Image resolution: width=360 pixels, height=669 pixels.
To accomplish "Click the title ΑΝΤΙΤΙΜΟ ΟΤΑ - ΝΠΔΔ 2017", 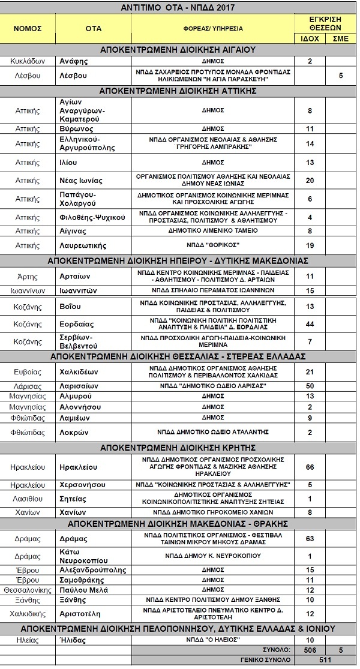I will tap(179, 7).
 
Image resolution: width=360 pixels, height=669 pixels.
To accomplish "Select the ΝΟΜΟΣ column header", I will tap(28, 28).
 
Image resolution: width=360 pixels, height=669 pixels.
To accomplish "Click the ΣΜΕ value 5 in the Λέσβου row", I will tap(340, 76).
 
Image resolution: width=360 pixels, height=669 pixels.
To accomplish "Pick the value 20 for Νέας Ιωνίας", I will tap(310, 181).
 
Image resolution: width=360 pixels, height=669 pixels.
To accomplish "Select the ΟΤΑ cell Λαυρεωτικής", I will tap(83, 245).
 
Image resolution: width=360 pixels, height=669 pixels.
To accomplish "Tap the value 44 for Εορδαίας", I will tap(310, 324).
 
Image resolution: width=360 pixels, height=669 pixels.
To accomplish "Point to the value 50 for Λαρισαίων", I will tap(310, 386).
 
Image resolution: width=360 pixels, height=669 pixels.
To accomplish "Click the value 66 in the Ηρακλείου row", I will tap(310, 466).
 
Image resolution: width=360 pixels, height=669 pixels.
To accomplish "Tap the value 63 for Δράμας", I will tap(310, 538).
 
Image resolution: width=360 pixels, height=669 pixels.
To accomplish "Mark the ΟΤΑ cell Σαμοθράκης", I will tap(85, 580).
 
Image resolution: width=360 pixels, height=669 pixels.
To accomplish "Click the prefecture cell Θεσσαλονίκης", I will tap(28, 590).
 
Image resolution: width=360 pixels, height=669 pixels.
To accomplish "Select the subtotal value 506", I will tap(310, 650).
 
